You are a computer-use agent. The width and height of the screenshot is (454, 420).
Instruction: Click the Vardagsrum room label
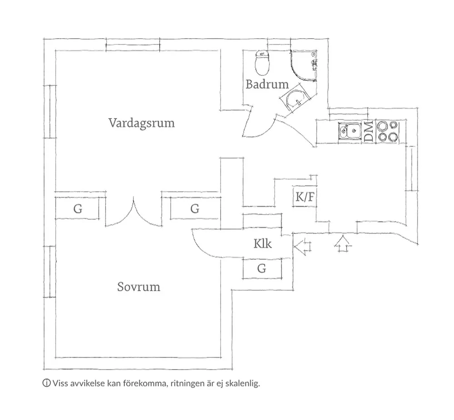142,123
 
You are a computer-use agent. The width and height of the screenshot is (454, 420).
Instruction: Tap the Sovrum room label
138,287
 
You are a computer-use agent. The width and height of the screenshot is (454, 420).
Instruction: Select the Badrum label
267,84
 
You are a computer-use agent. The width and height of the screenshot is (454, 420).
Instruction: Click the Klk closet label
262,244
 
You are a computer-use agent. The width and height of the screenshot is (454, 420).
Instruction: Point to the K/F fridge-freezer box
304,198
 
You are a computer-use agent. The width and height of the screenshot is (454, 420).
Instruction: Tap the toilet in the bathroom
262,64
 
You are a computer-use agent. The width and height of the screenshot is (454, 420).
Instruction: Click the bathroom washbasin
296,99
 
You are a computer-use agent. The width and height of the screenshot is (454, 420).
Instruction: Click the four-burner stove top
387,131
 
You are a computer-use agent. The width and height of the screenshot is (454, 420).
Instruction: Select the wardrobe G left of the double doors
78,209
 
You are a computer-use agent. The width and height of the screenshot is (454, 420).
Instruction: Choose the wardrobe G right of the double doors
194,209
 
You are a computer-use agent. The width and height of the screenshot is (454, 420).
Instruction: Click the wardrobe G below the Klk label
262,268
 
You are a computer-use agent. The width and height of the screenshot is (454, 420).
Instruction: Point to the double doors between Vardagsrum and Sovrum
133,213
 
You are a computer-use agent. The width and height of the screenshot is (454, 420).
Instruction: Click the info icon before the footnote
46,383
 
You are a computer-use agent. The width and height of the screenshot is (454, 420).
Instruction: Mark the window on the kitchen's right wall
410,169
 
